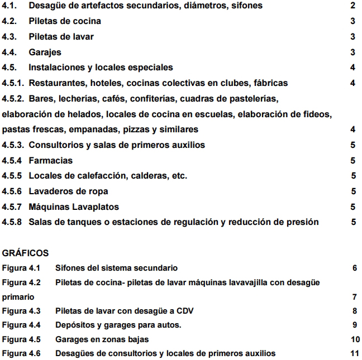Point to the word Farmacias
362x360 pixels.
tap(51, 160)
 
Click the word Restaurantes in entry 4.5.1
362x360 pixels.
tap(56, 83)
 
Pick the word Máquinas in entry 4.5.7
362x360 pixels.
tap(49, 207)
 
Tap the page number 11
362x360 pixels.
tap(354, 353)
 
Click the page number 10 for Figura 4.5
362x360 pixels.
tap(354, 339)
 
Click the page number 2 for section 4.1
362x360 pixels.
tap(353, 6)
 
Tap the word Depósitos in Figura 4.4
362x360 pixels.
tap(75, 325)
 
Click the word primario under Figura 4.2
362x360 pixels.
tap(18, 296)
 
